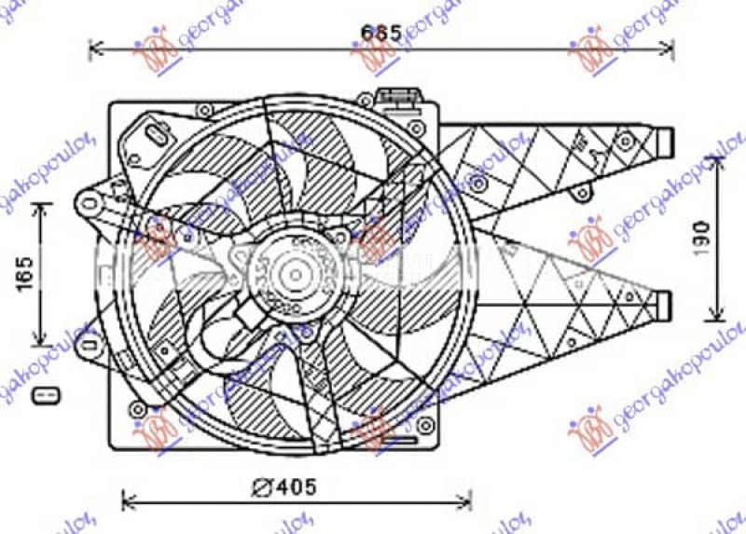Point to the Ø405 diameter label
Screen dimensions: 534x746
[284, 486]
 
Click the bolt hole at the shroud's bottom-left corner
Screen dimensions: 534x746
[138, 409]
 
